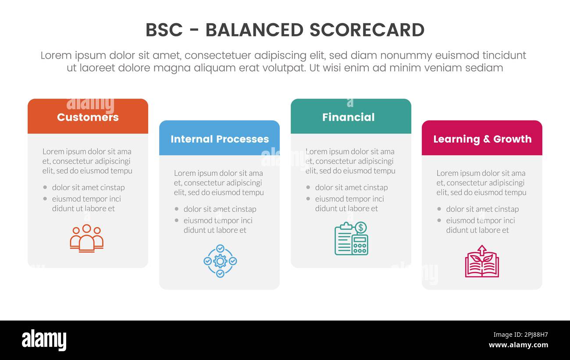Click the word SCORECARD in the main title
[367, 30]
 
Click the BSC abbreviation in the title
[164, 30]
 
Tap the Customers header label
[88, 117]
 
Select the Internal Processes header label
[220, 139]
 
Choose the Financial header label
[349, 117]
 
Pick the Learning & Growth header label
[482, 139]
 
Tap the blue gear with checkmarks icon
[220, 261]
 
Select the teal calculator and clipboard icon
[351, 239]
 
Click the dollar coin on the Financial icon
[361, 228]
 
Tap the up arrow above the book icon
[482, 250]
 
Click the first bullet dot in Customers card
[45, 187]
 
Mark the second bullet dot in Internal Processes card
[177, 221]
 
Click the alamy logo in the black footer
[44, 340]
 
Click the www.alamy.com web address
[518, 345]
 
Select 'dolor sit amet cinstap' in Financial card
[351, 187]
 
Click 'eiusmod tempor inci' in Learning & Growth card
[481, 221]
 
